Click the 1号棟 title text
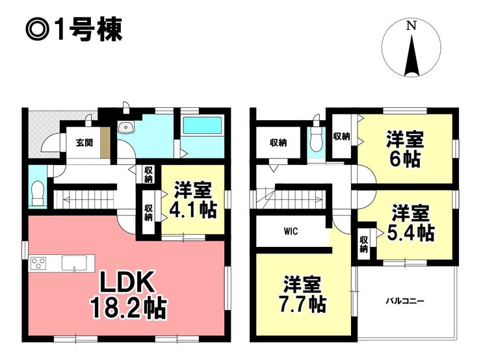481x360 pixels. point(74,30)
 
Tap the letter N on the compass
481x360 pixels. point(411,25)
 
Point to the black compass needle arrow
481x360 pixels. point(411,55)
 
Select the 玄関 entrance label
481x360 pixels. point(84,142)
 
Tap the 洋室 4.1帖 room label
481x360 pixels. point(193,199)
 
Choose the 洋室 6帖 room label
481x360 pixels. point(405,149)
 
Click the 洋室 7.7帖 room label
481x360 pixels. point(302,294)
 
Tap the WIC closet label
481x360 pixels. point(291,231)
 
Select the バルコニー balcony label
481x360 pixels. point(405,301)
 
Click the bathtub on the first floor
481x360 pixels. point(202,125)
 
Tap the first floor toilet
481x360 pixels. point(38,192)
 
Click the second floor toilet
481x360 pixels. point(316,138)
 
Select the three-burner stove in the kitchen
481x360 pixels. point(38,263)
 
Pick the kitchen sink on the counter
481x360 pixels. point(74,263)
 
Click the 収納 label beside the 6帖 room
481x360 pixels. point(341,136)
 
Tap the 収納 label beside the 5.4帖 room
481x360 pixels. point(364,244)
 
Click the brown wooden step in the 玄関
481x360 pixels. point(105,142)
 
